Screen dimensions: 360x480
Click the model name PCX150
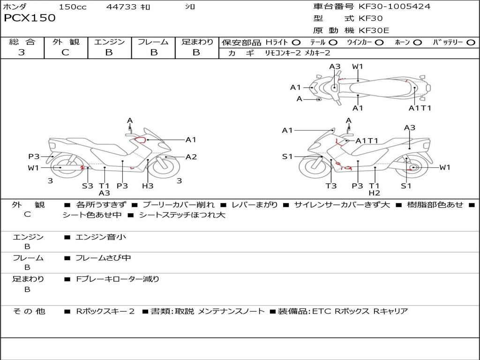[30, 18]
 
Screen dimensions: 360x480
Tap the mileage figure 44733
[121, 7]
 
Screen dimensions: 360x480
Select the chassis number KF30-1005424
[394, 7]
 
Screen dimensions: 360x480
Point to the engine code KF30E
[374, 31]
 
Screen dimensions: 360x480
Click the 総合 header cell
[22, 42]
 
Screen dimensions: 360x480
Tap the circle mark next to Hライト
[296, 43]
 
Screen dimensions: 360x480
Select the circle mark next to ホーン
[417, 43]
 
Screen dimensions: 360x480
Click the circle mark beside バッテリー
[471, 43]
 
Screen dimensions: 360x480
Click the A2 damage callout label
[191, 157]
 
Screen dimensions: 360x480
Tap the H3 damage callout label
[148, 186]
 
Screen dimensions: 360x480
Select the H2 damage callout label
[374, 193]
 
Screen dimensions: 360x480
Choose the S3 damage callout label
[88, 186]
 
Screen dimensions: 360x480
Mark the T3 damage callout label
[331, 186]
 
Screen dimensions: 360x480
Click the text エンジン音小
[101, 237]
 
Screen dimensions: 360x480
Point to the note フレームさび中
[103, 258]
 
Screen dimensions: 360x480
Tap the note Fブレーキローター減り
[118, 279]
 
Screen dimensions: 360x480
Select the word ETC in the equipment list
[322, 311]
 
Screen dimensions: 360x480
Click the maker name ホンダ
[15, 7]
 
